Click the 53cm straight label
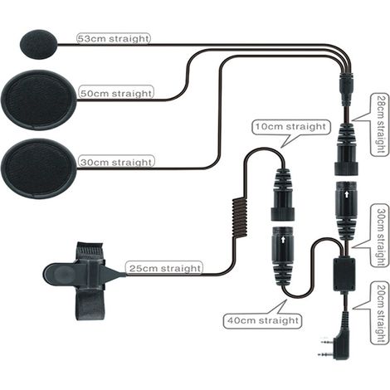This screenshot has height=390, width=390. [x=114, y=38]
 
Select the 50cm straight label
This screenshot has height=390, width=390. [x=116, y=94]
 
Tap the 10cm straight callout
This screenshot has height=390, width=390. [x=291, y=127]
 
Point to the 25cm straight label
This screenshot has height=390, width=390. [x=165, y=268]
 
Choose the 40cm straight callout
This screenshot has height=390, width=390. [x=263, y=320]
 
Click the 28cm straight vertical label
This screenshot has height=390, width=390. [x=380, y=124]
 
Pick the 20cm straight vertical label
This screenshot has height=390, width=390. [x=380, y=313]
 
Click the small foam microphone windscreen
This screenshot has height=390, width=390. [x=39, y=44]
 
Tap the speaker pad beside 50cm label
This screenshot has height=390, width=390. [x=38, y=100]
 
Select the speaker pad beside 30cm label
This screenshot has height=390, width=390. [x=38, y=168]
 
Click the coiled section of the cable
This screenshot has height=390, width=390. [x=239, y=217]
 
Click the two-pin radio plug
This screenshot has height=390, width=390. [x=335, y=340]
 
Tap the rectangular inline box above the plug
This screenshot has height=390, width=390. [x=344, y=275]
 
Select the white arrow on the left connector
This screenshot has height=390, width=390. [x=283, y=240]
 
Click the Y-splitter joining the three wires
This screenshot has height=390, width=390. [x=346, y=83]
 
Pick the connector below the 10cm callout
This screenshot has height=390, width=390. [x=282, y=194]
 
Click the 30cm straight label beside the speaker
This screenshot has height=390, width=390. [x=116, y=162]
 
